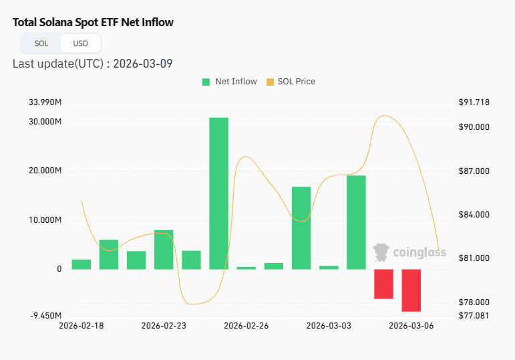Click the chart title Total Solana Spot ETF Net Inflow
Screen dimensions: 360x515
93,22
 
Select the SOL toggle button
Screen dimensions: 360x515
41,43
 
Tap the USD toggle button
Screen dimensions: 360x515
80,43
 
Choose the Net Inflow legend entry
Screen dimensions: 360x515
229,82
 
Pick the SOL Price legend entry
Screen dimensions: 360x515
291,82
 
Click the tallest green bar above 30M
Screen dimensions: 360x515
218,193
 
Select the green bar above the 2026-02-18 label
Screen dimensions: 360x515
81,264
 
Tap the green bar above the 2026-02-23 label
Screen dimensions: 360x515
164,249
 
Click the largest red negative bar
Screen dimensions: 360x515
411,290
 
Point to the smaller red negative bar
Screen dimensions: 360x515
383,284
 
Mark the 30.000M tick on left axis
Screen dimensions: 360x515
45,122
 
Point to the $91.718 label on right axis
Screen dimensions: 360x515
474,102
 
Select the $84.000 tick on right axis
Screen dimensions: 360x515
474,215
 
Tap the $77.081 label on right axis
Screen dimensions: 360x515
474,315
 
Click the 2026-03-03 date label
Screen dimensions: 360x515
328,326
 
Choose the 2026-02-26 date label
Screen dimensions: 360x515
246,326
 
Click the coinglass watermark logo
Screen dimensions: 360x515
409,252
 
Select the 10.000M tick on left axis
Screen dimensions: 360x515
45,220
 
